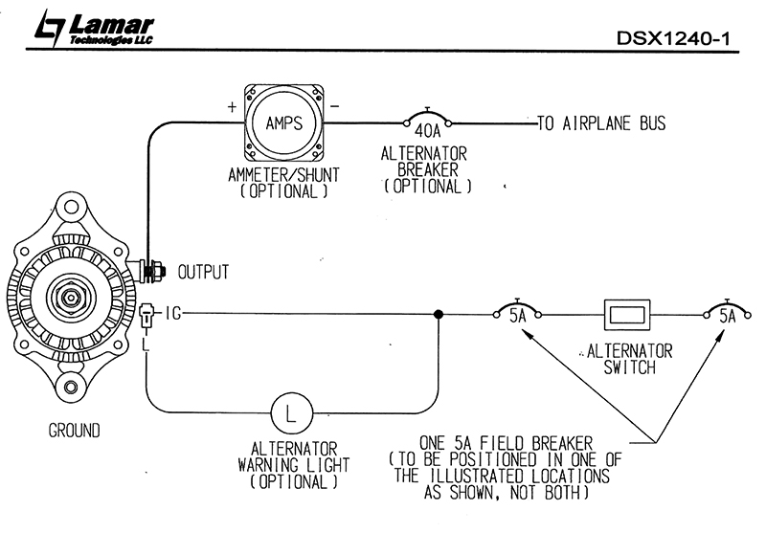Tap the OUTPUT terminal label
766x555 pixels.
coord(203,272)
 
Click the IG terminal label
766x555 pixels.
coord(172,312)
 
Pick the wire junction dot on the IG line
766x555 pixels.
coord(439,313)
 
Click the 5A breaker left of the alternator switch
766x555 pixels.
coord(518,312)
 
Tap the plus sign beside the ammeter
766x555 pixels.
coord(232,107)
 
